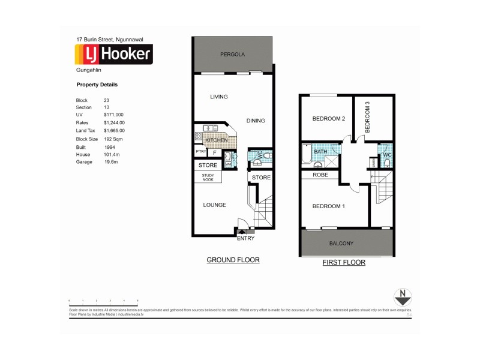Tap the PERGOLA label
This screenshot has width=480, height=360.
pyautogui.click(x=232, y=54)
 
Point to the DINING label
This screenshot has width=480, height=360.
pyautogui.click(x=256, y=121)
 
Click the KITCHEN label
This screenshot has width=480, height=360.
pyautogui.click(x=216, y=140)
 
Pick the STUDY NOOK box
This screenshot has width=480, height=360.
pyautogui.click(x=207, y=177)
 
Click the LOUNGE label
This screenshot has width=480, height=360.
pyautogui.click(x=214, y=205)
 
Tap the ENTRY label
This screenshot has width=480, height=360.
pyautogui.click(x=246, y=238)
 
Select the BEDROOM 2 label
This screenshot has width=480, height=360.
pyautogui.click(x=328, y=119)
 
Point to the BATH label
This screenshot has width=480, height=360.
pyautogui.click(x=320, y=152)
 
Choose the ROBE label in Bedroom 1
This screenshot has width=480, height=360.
pyautogui.click(x=318, y=175)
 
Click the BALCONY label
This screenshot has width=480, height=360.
pyautogui.click(x=342, y=244)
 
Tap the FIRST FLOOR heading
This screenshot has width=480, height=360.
pyautogui.click(x=344, y=262)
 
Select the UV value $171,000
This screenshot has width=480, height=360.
pyautogui.click(x=113, y=115)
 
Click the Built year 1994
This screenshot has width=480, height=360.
pyautogui.click(x=109, y=146)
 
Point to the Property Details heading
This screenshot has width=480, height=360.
pyautogui.click(x=97, y=85)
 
